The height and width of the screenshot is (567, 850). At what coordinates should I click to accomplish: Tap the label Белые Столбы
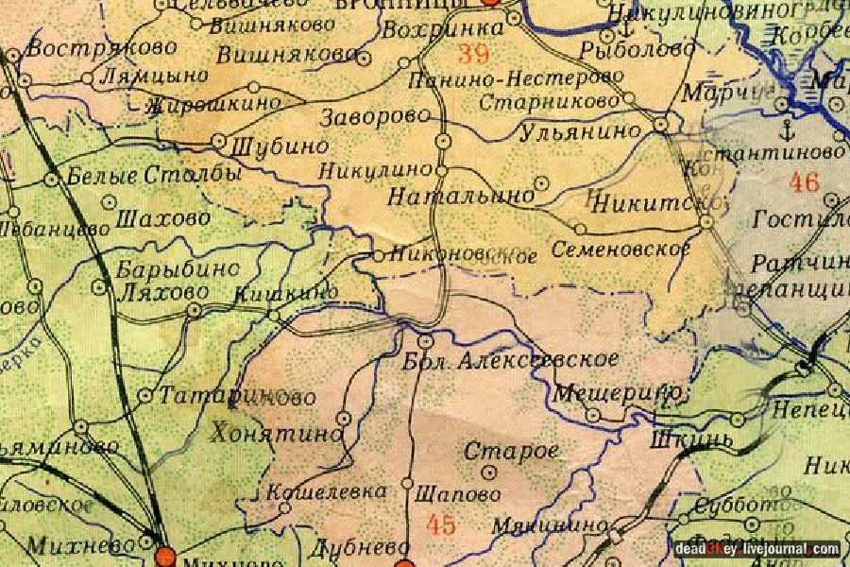(x=155, y=176)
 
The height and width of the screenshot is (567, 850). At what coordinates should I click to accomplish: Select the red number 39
(x=473, y=53)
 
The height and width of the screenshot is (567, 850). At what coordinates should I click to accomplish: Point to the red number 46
(x=804, y=182)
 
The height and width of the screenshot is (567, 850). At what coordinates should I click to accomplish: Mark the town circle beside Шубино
(x=219, y=141)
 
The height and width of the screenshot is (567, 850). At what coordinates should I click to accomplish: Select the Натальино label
(x=460, y=197)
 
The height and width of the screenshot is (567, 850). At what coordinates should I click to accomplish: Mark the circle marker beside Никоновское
(x=377, y=255)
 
